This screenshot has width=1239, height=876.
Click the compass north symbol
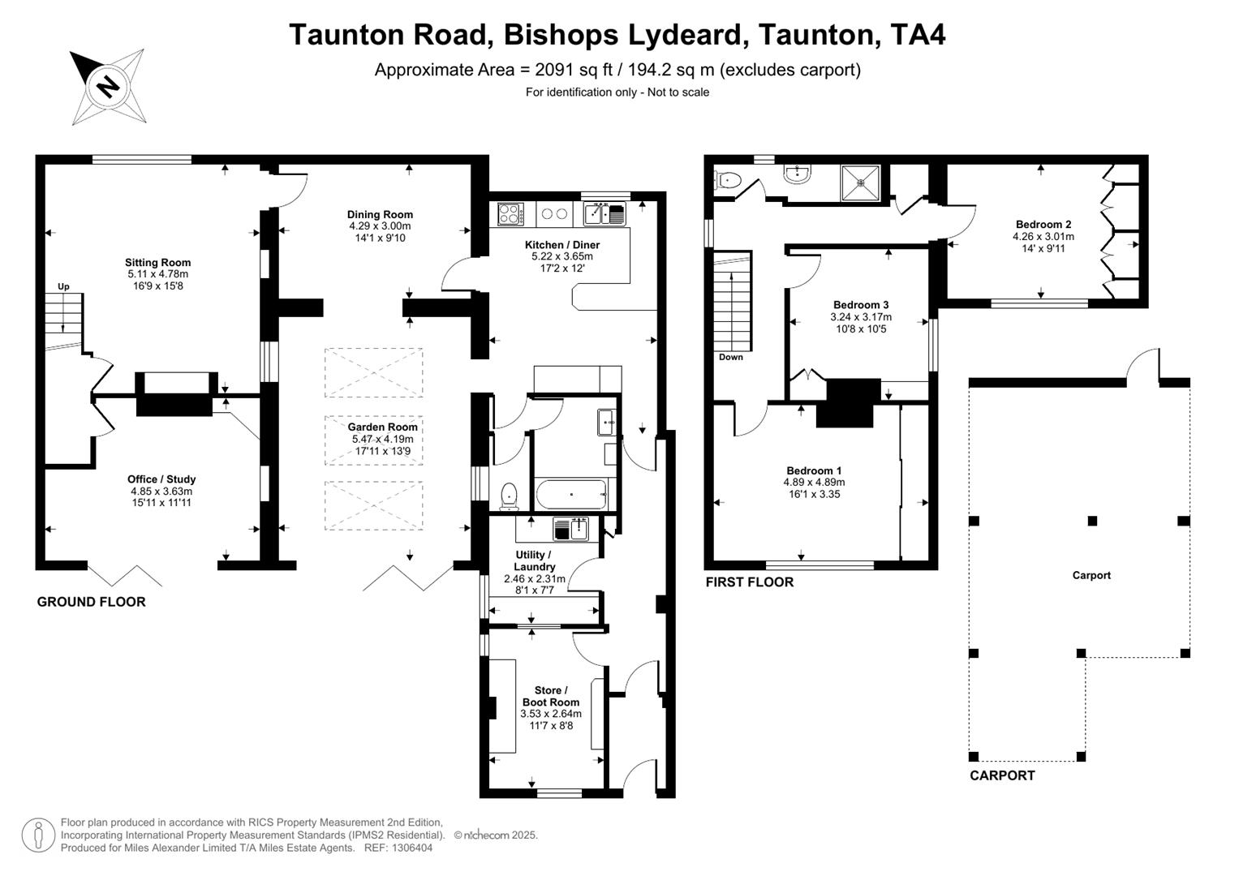click(x=107, y=85)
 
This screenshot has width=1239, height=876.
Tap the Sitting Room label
click(x=157, y=263)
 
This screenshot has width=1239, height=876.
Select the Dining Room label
click(x=380, y=215)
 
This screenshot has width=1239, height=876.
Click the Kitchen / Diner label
click(x=562, y=245)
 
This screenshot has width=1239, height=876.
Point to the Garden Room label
click(x=383, y=427)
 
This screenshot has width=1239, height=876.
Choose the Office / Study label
click(x=161, y=479)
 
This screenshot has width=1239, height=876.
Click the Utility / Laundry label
click(x=534, y=560)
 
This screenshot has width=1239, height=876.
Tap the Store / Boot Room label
click(x=551, y=697)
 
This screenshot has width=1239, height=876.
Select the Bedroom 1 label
click(x=814, y=471)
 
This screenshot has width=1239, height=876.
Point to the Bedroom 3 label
click(x=861, y=306)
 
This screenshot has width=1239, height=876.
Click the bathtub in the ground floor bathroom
click(x=571, y=494)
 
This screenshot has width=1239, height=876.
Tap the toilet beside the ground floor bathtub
click(x=510, y=494)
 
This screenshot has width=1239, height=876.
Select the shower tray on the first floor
click(x=863, y=182)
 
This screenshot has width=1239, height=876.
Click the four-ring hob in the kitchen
click(x=510, y=214)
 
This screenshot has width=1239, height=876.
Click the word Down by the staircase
click(x=730, y=358)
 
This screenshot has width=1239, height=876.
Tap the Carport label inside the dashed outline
click(x=1091, y=576)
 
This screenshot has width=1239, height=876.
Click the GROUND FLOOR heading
click(x=91, y=602)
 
